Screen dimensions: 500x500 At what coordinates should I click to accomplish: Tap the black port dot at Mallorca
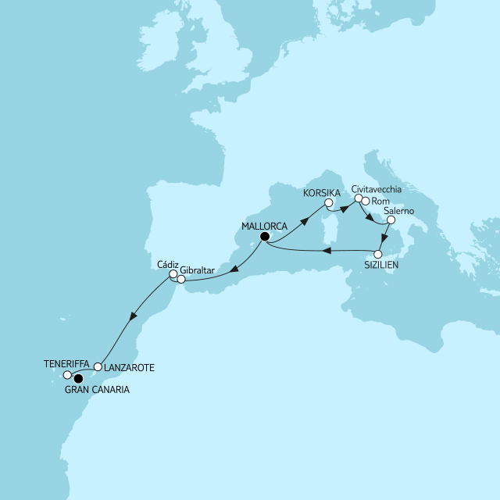(265, 237)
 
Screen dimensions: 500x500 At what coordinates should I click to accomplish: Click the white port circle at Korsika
(329, 203)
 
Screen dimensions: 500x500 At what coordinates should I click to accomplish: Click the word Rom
(380, 202)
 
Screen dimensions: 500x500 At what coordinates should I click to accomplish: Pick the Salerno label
(398, 212)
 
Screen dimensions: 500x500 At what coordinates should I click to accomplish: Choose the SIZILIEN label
(380, 266)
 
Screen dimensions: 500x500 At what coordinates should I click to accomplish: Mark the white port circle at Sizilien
(379, 255)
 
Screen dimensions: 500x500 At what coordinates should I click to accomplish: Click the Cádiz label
(168, 265)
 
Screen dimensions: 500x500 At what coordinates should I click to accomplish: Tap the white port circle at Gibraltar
(181, 279)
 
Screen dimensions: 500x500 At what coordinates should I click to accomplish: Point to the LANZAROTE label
(129, 366)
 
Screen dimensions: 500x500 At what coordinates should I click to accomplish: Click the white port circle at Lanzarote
(98, 366)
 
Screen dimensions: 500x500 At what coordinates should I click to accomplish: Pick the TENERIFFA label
(66, 363)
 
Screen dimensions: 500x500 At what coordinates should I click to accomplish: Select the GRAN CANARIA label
(98, 388)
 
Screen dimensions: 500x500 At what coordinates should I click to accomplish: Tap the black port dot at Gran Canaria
(77, 380)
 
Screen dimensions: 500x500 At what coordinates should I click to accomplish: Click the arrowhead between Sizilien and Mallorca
(327, 252)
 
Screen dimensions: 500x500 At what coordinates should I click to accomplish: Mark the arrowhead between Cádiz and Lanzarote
(134, 317)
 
